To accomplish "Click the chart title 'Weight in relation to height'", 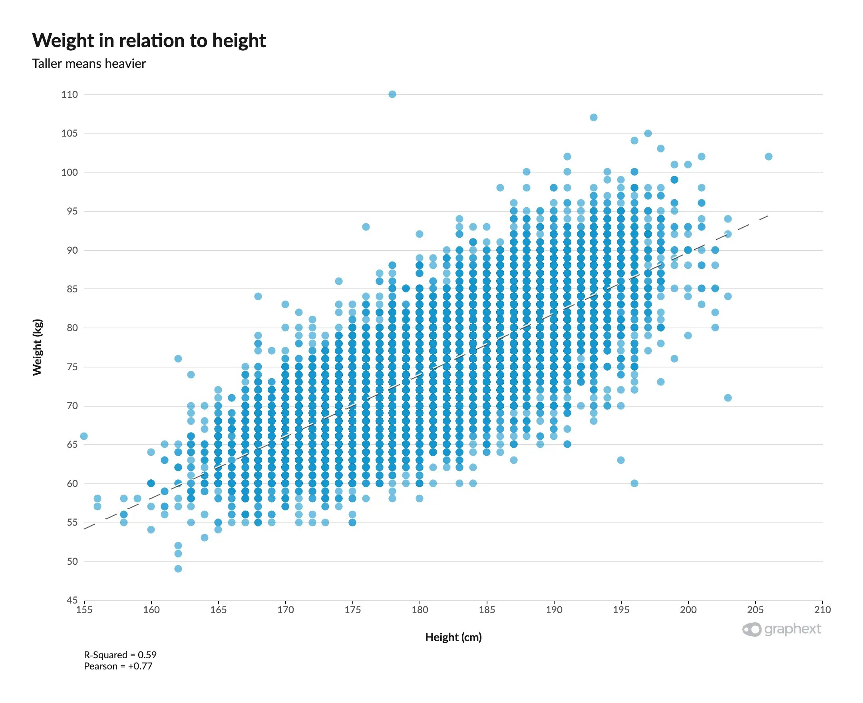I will click(x=149, y=40).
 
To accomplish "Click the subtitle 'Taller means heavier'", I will click(x=89, y=64).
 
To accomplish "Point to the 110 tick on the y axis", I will click(x=69, y=94).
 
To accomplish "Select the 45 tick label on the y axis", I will click(x=72, y=600).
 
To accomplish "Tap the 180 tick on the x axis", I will click(x=420, y=610).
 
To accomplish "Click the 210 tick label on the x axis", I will click(x=822, y=610).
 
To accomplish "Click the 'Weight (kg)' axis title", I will click(x=37, y=347).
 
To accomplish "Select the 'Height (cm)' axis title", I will click(x=453, y=637).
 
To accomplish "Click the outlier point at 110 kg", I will click(x=392, y=94).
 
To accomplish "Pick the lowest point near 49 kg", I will click(x=178, y=568).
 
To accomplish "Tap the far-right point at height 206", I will click(x=768, y=156).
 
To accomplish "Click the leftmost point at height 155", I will click(x=84, y=436).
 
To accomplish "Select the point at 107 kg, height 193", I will click(x=593, y=117).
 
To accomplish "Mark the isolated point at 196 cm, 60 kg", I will click(x=634, y=483).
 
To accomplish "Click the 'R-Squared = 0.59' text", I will click(x=120, y=655).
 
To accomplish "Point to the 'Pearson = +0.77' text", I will click(x=118, y=666).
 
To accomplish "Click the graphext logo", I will click(x=781, y=629).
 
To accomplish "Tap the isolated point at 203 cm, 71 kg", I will click(x=727, y=398).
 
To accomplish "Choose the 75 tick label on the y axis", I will click(x=72, y=367).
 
